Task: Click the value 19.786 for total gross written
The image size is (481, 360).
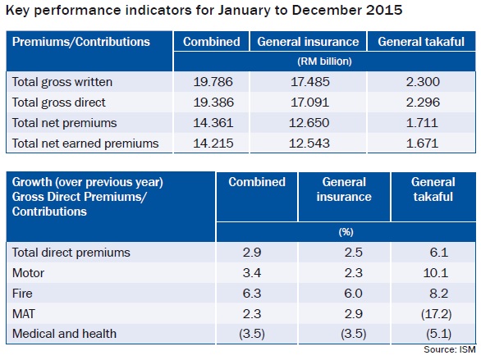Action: [x=213, y=82]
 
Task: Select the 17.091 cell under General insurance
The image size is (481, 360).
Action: [x=309, y=103]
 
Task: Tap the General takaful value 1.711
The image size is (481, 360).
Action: [x=422, y=123]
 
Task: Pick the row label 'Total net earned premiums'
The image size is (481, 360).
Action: [x=85, y=144]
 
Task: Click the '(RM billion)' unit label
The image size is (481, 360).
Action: [x=324, y=62]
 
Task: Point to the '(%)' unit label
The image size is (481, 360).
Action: [x=346, y=232]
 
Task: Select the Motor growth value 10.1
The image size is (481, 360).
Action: [x=436, y=273]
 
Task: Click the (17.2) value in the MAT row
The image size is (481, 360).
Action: [x=436, y=314]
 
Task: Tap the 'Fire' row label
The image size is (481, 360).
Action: [x=22, y=294]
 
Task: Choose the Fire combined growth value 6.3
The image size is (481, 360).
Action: [x=252, y=294]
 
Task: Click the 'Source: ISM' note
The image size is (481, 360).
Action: [x=450, y=349]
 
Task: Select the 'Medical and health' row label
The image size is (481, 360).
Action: [x=64, y=334]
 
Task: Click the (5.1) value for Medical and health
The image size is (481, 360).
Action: [x=438, y=334]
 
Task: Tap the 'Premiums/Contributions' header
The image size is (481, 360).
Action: [x=81, y=42]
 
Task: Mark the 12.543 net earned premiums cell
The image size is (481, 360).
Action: [x=309, y=144]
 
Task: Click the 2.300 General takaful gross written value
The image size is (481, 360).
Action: [x=423, y=82]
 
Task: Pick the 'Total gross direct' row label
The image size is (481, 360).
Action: [x=58, y=103]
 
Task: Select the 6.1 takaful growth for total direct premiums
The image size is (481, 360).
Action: [x=439, y=252]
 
